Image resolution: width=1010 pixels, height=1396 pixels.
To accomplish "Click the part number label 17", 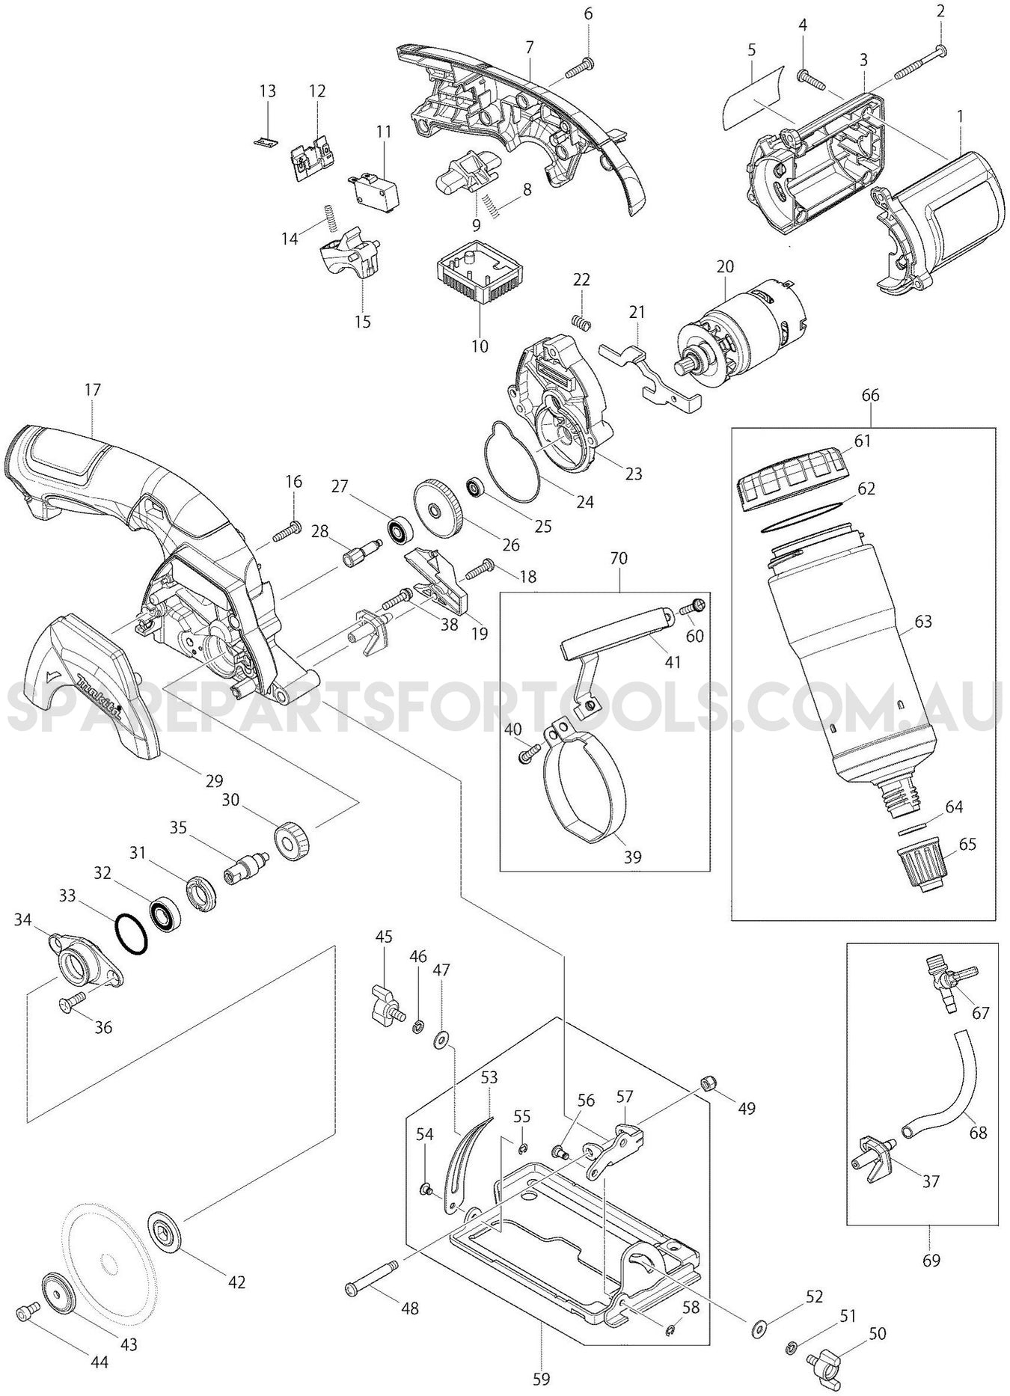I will click(x=93, y=390).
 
